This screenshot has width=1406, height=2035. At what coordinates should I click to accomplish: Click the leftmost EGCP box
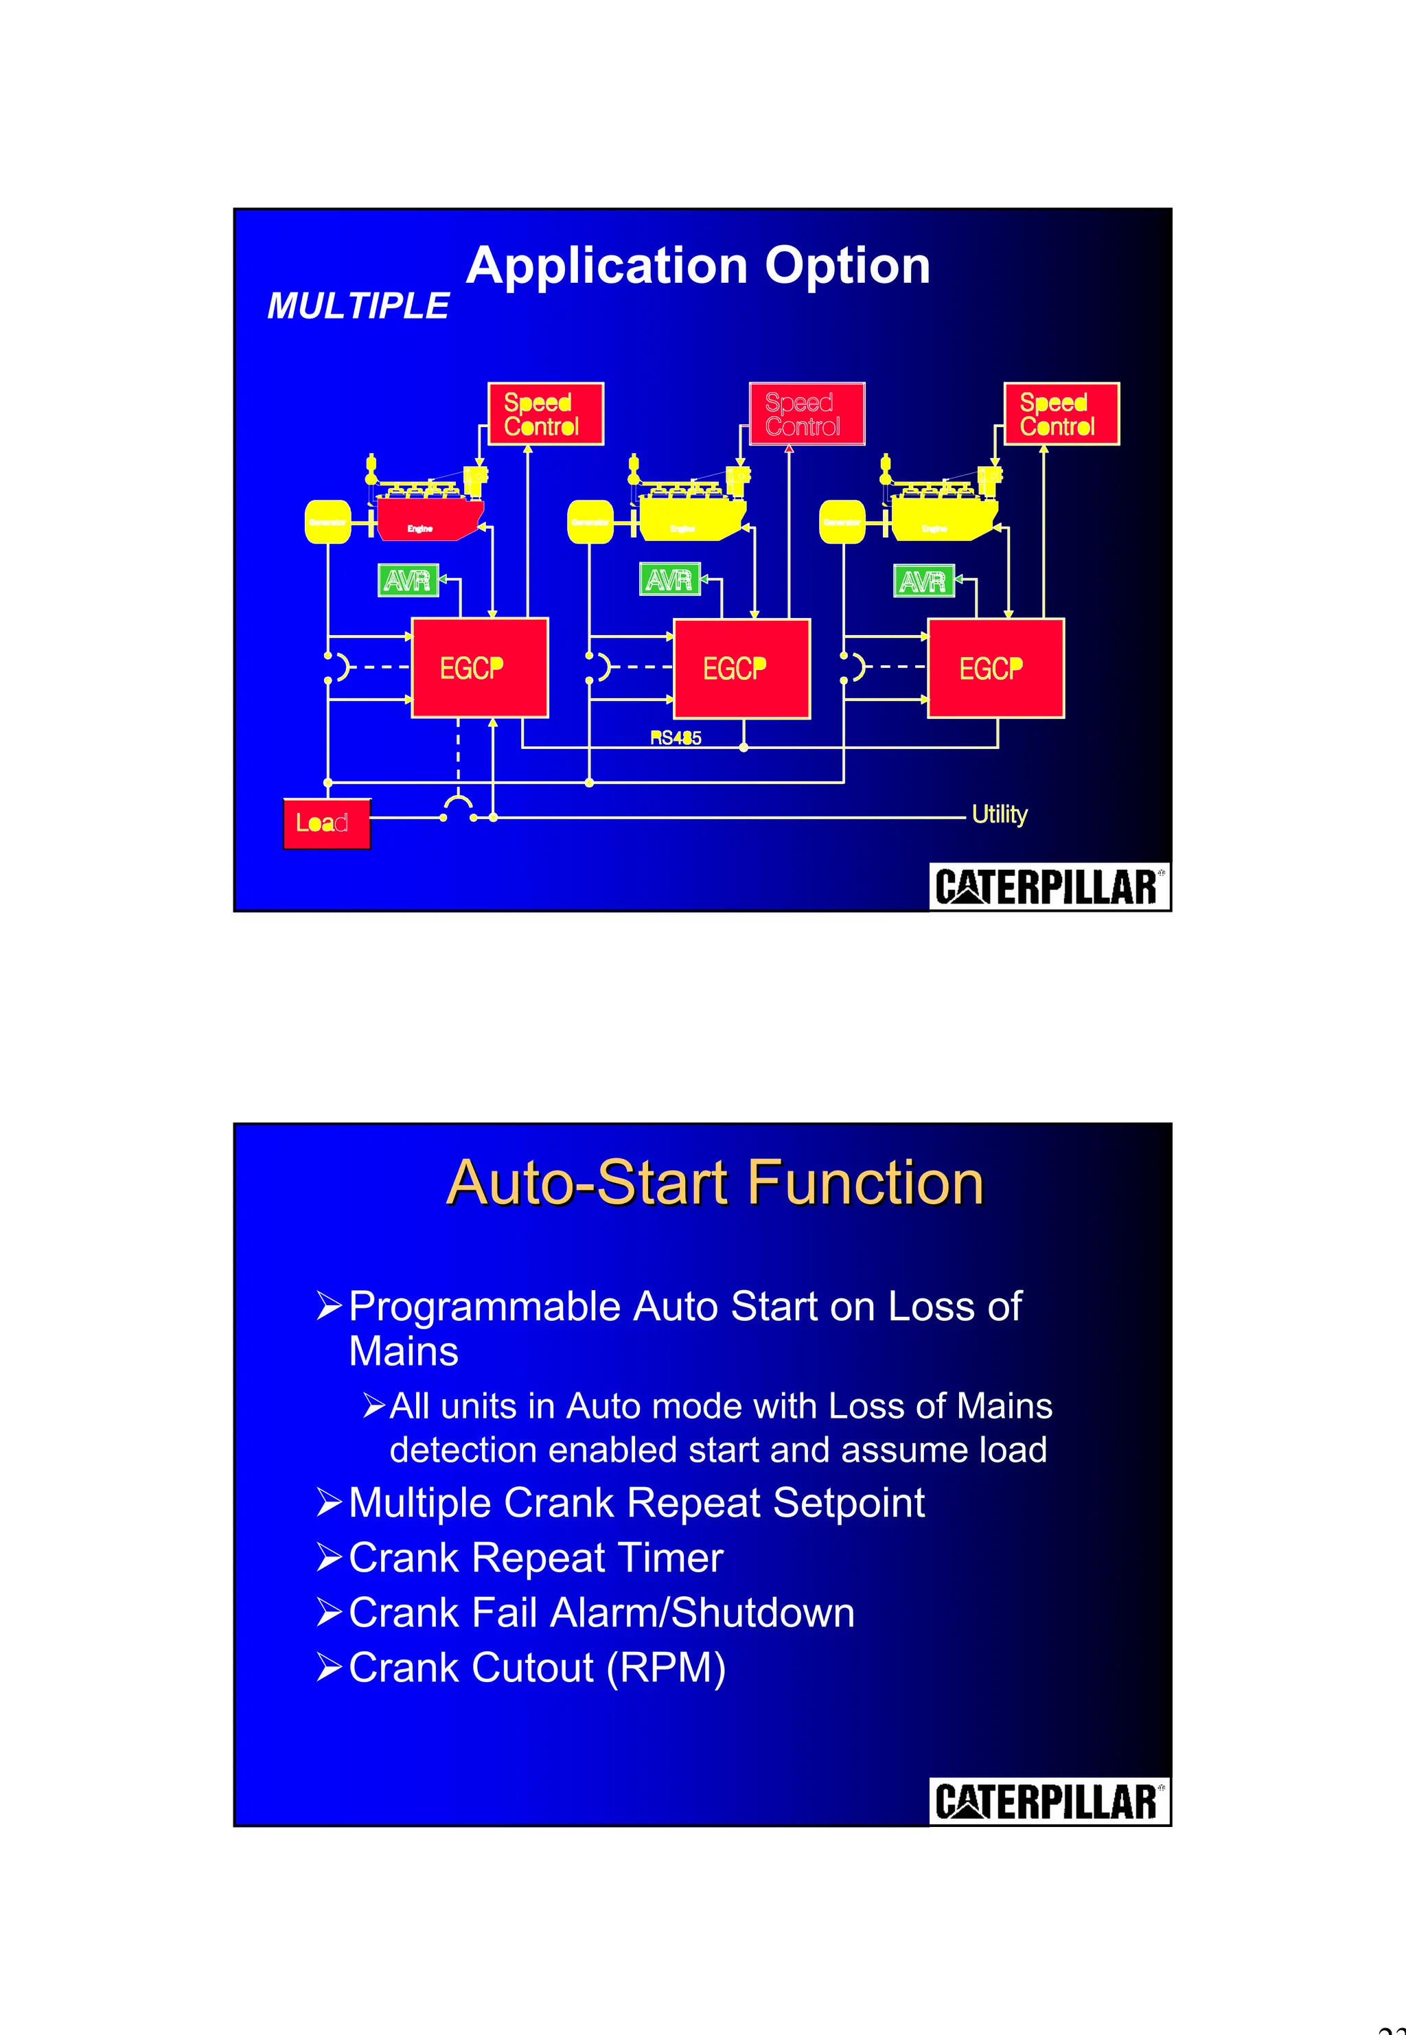(479, 668)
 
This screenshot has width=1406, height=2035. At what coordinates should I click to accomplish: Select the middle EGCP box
(741, 669)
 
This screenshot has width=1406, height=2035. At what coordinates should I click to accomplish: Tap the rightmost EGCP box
(995, 669)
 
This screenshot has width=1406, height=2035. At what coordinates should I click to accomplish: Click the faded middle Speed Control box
(806, 414)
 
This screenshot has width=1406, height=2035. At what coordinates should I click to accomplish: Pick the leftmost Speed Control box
(545, 414)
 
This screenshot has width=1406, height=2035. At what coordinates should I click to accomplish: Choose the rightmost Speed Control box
(1061, 414)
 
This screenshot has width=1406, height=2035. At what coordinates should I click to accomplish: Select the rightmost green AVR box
(923, 582)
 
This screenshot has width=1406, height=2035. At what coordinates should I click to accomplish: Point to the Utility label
(999, 814)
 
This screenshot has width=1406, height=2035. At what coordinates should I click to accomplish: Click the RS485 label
(676, 738)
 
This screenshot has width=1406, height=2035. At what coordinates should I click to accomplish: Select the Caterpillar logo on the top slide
(1048, 886)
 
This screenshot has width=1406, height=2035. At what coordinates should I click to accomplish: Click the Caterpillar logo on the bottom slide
(1048, 1802)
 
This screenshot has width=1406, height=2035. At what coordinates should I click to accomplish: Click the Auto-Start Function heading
(715, 1182)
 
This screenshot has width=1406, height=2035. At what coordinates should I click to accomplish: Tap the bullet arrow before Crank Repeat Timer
(329, 1559)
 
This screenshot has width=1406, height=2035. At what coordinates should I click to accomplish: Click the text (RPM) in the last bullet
(666, 1668)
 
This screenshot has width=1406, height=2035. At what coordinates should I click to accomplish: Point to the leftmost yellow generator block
(327, 522)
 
